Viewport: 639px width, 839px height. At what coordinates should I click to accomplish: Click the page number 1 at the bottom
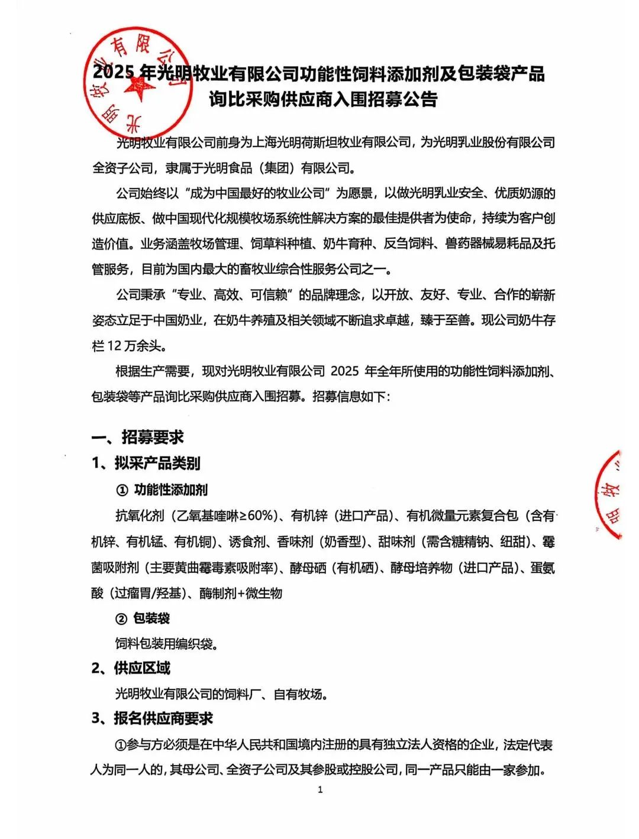[x=320, y=790]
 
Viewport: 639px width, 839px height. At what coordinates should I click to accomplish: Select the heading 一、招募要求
[x=137, y=437]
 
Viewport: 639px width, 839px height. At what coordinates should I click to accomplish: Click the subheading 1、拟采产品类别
[x=146, y=463]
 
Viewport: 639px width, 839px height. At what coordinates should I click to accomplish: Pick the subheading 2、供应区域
[x=131, y=668]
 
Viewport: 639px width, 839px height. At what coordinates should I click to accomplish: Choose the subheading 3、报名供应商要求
[x=152, y=719]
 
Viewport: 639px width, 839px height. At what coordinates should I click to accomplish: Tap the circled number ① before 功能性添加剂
[x=122, y=490]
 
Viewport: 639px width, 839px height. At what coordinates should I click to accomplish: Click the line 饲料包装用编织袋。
[x=166, y=643]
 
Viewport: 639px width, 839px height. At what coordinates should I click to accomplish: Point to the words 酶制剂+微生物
[x=241, y=593]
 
